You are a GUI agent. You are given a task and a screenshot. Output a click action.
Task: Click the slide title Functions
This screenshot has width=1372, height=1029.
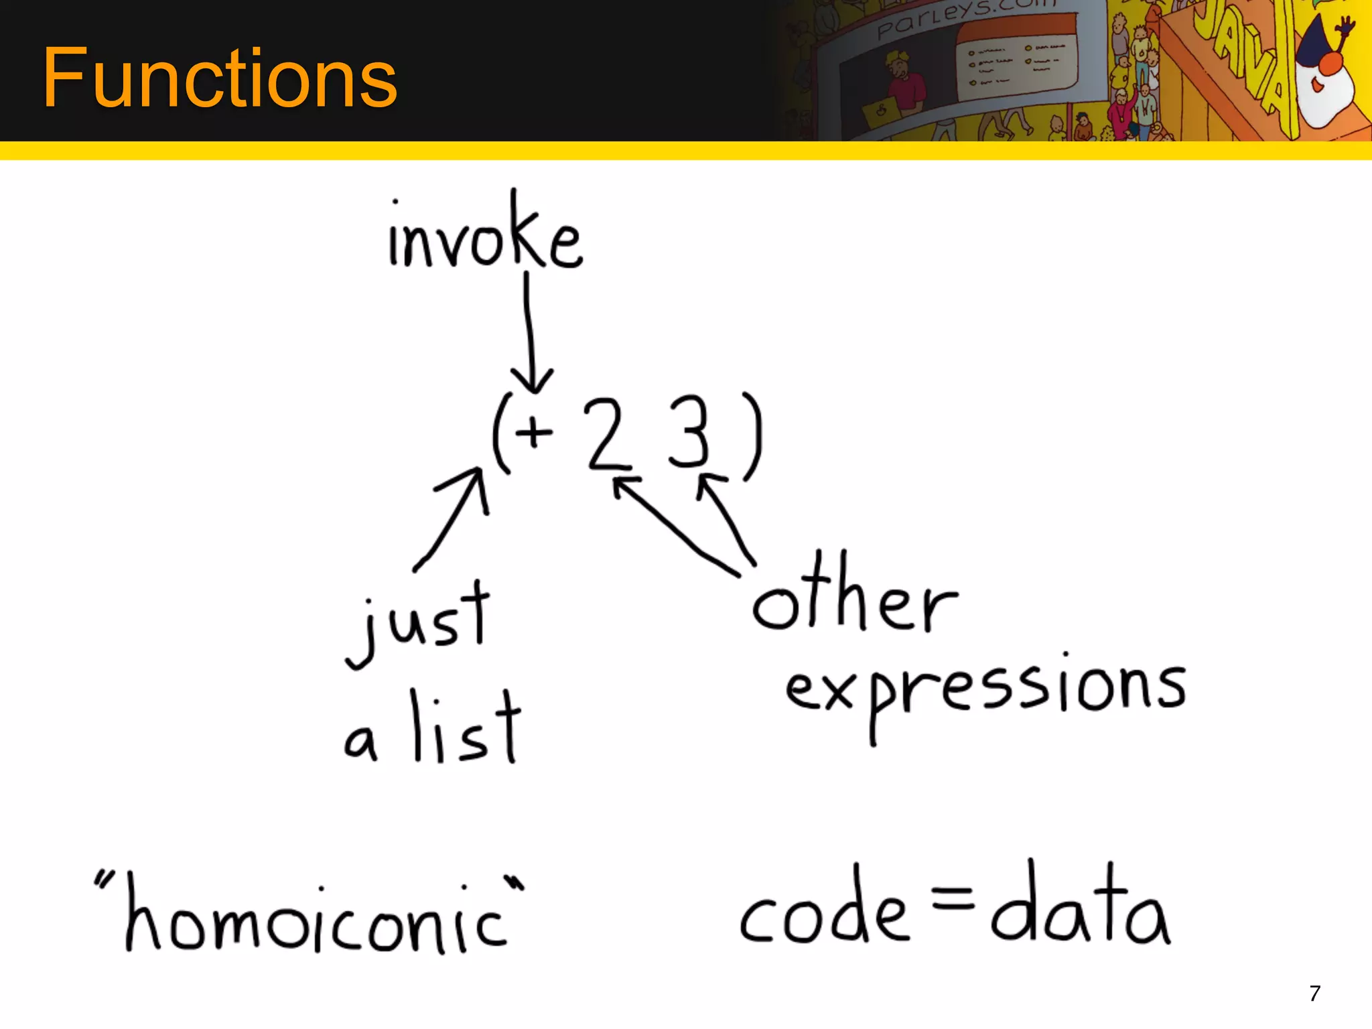click(220, 78)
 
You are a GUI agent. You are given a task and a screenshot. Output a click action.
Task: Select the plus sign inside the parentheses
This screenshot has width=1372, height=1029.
click(534, 431)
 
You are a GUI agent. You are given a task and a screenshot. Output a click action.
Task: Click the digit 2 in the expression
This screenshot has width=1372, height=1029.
click(608, 433)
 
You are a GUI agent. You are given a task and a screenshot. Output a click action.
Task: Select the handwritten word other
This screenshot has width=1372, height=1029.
click(855, 596)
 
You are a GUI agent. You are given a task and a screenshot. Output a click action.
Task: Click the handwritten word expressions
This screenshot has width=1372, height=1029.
click(985, 690)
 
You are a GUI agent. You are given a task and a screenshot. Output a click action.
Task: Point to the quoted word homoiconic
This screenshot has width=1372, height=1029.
click(312, 914)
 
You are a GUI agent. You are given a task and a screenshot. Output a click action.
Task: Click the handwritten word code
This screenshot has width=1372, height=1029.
click(824, 911)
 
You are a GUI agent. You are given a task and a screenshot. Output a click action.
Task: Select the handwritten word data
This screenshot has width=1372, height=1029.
click(1080, 908)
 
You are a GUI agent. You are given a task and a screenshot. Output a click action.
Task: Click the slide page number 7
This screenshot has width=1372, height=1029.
click(1314, 993)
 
